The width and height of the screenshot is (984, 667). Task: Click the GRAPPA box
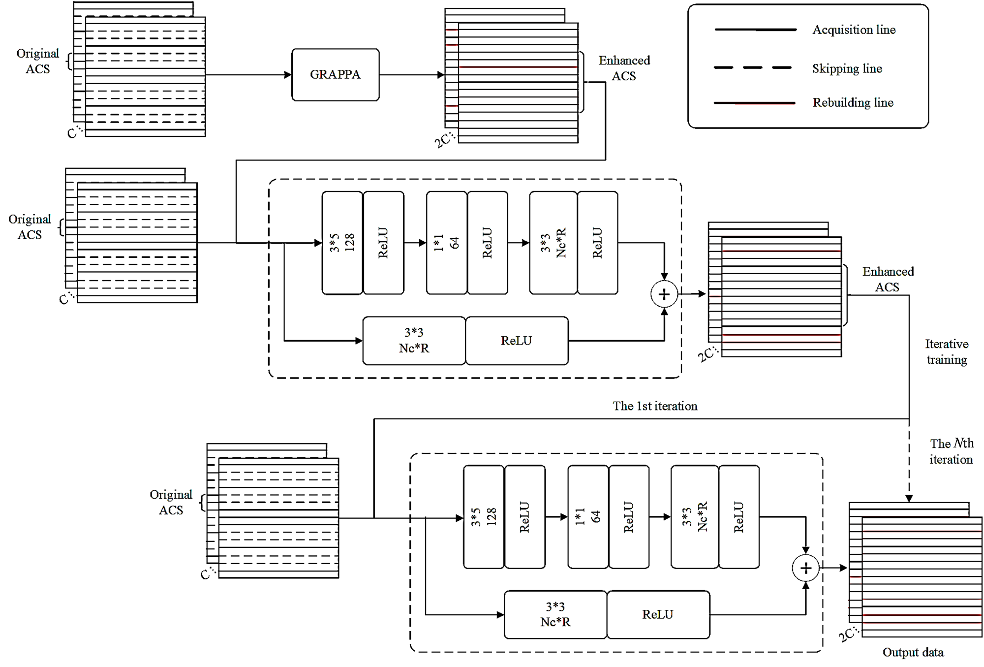(x=335, y=75)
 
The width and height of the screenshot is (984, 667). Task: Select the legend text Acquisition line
(x=854, y=30)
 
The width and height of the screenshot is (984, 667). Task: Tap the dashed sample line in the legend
(x=753, y=67)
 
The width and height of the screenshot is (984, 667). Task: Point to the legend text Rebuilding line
(x=853, y=102)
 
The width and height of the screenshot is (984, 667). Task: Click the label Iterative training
(x=947, y=351)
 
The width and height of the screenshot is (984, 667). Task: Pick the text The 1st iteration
(x=655, y=406)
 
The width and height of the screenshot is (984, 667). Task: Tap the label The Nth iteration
(x=951, y=451)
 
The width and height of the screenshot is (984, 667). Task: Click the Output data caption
(x=913, y=652)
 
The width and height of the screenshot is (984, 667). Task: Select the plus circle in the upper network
(x=664, y=294)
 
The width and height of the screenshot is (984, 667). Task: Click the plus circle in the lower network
(x=805, y=568)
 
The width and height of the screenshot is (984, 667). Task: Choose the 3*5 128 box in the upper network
(x=342, y=243)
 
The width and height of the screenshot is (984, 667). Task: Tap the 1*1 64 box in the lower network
(x=588, y=517)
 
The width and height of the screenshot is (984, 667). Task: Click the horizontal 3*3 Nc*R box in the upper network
(x=414, y=341)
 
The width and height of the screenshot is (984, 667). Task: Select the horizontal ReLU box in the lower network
(x=658, y=614)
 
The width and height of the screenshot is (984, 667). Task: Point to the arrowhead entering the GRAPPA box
(x=288, y=75)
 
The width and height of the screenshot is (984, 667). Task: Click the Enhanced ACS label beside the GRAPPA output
(x=624, y=68)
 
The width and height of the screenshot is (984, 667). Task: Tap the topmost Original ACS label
(x=37, y=61)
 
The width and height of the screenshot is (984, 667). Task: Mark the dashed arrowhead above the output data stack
(x=909, y=498)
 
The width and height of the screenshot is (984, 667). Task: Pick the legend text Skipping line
(x=847, y=68)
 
